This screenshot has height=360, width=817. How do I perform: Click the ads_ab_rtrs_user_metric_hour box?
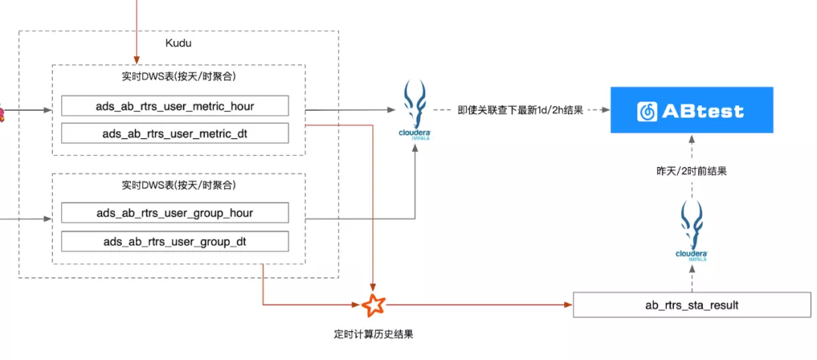[175, 106]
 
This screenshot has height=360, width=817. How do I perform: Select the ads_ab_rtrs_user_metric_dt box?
[175, 134]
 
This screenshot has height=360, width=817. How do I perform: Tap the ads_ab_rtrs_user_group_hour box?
[175, 213]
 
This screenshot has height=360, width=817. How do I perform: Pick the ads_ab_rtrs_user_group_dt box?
[175, 242]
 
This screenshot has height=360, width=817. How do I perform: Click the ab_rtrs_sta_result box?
[691, 306]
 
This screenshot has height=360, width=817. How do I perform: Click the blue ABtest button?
[691, 110]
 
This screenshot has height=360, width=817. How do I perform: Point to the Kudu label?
[179, 43]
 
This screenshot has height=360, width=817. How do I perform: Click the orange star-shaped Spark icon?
[374, 306]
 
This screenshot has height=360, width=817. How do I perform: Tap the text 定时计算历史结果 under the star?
[374, 334]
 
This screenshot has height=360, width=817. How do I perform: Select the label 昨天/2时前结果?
[691, 171]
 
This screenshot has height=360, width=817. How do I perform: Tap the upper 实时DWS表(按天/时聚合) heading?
[179, 76]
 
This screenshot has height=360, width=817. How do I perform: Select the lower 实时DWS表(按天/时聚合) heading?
[179, 185]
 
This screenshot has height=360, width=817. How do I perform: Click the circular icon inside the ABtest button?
[648, 111]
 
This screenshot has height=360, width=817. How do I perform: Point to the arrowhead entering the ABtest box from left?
[606, 110]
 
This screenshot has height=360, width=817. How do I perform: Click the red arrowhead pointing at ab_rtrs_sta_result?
[569, 306]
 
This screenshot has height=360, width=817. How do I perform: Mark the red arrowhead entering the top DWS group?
[137, 60]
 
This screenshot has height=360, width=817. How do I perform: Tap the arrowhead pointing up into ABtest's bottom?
[691, 138]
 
